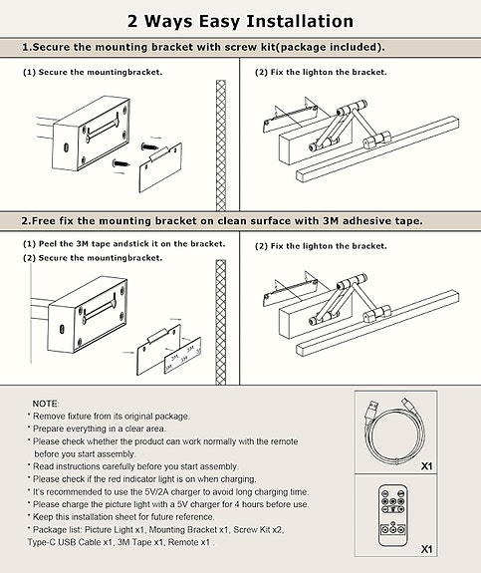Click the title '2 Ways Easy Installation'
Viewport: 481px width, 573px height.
(240, 21)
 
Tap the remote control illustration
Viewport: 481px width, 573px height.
(392, 515)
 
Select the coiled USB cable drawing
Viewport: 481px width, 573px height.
(393, 431)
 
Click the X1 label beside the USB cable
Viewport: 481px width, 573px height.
(426, 466)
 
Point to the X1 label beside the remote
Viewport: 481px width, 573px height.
(426, 549)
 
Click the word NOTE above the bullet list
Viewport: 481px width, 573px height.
(45, 404)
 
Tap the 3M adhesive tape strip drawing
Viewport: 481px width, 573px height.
(182, 354)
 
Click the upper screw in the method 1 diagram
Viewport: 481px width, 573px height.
(149, 146)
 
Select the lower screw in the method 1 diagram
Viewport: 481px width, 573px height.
(120, 163)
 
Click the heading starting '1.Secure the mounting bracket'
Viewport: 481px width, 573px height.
(203, 47)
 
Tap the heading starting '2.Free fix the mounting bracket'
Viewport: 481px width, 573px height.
(222, 221)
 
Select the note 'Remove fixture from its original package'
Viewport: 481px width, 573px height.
(112, 417)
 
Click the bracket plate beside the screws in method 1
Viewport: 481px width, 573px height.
(160, 167)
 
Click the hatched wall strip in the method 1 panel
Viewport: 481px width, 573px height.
(221, 145)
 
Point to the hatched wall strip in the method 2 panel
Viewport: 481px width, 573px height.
(221, 322)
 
